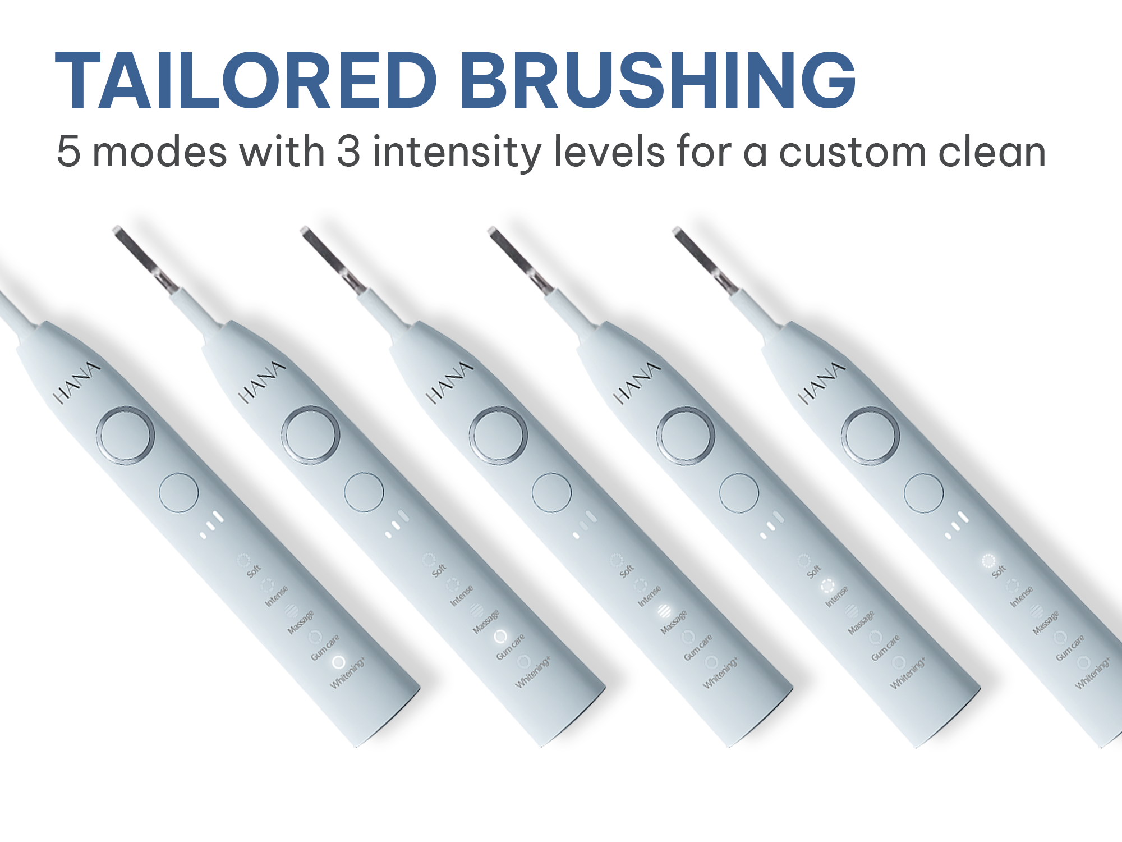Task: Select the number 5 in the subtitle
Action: [68, 152]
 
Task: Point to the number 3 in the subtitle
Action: [348, 152]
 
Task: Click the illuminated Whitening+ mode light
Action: [338, 662]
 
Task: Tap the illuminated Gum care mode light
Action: [500, 637]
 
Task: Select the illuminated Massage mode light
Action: [664, 611]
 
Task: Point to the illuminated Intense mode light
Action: [827, 586]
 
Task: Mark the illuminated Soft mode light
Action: [988, 560]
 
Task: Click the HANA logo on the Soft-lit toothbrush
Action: [821, 383]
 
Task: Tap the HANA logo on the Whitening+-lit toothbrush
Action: [77, 383]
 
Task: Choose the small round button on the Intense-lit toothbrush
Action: [739, 493]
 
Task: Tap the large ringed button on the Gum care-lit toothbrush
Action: [311, 436]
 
